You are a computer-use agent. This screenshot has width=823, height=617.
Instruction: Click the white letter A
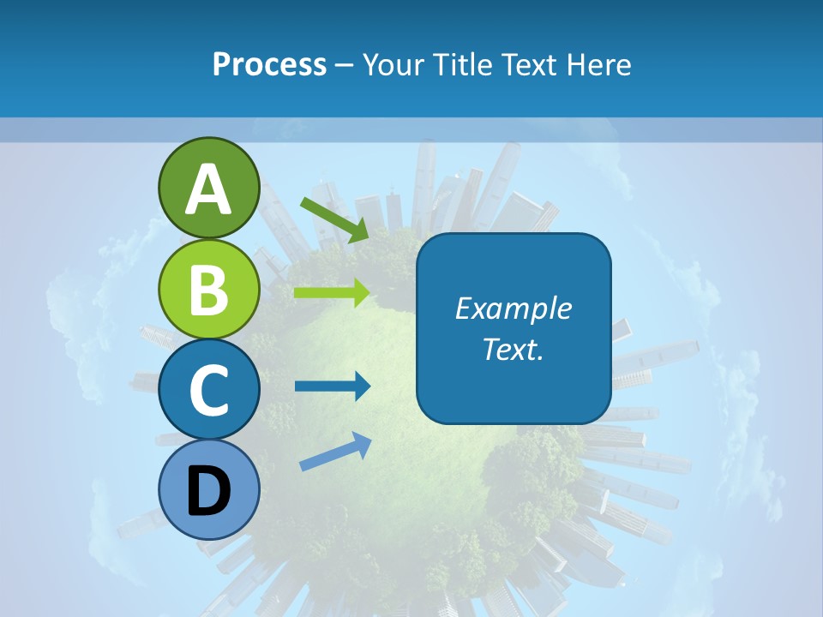point(208,190)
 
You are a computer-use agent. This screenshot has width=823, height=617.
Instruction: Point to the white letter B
point(208,290)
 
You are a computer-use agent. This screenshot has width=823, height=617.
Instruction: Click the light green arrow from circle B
point(332,293)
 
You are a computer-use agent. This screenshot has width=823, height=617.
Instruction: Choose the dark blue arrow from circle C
point(332,386)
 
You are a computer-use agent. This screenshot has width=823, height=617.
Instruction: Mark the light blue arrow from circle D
point(335,451)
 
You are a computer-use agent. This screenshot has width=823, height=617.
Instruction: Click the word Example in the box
point(514,308)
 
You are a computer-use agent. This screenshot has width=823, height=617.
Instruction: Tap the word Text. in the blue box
point(514,350)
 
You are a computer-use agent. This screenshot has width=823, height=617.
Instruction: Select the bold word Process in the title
point(269,64)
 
